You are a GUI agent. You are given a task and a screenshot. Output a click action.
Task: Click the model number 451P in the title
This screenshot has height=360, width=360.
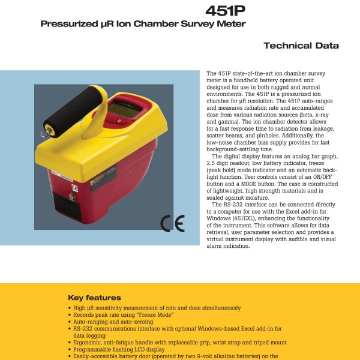pos(225,11)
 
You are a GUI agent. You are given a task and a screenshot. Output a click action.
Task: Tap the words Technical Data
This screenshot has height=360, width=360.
pos(301,46)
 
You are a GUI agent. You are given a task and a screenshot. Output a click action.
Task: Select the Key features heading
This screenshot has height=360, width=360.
pos(94,298)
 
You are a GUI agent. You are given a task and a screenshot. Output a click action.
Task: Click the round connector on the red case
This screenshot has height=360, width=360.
pos(72,197)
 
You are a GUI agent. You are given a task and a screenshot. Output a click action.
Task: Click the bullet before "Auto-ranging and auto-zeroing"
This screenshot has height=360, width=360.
pos(70,322)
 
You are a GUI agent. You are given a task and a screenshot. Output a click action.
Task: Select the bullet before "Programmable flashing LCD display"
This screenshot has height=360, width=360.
pos(70,349)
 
